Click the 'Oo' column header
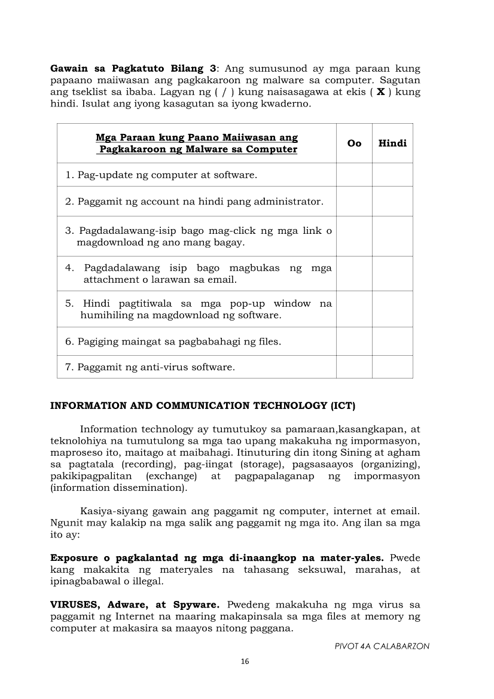pyautogui.click(x=354, y=144)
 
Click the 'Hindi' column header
pyautogui.click(x=392, y=144)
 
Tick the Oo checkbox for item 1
pyautogui.click(x=354, y=175)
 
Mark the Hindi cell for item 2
pyautogui.click(x=392, y=202)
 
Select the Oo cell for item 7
pyautogui.click(x=354, y=367)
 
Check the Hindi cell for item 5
pyautogui.click(x=392, y=309)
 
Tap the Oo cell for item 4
pyautogui.click(x=354, y=274)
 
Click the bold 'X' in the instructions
pyautogui.click(x=380, y=92)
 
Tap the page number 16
pyautogui.click(x=244, y=661)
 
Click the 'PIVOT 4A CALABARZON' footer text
pyautogui.click(x=382, y=646)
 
